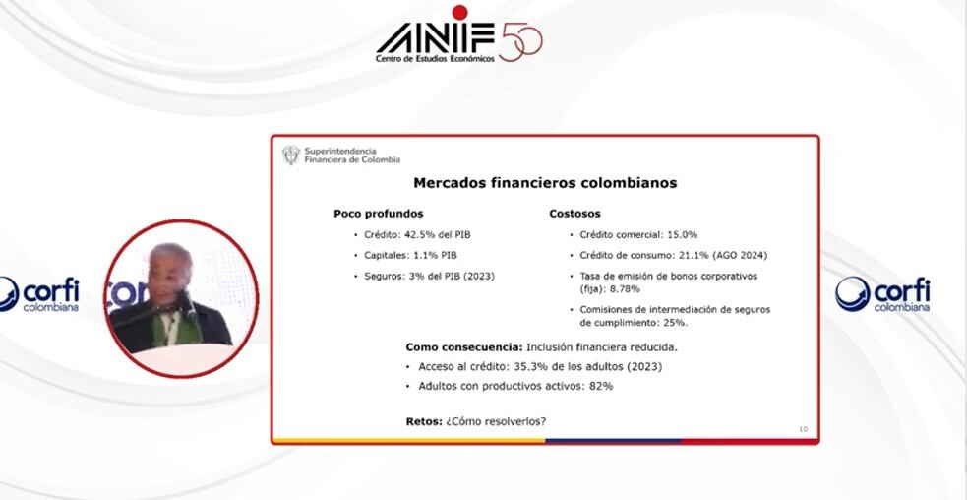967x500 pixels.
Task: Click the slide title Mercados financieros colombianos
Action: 544,183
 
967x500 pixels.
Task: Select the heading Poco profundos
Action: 379,214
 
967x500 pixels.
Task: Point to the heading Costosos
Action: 574,214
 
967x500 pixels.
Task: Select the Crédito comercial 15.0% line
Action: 638,235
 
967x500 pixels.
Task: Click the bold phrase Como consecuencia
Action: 463,346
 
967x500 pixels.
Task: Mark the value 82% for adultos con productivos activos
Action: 600,386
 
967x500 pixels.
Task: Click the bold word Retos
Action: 423,422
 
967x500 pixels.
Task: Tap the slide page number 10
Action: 803,429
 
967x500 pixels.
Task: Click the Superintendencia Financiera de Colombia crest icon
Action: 290,156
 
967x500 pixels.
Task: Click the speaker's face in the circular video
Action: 170,274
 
